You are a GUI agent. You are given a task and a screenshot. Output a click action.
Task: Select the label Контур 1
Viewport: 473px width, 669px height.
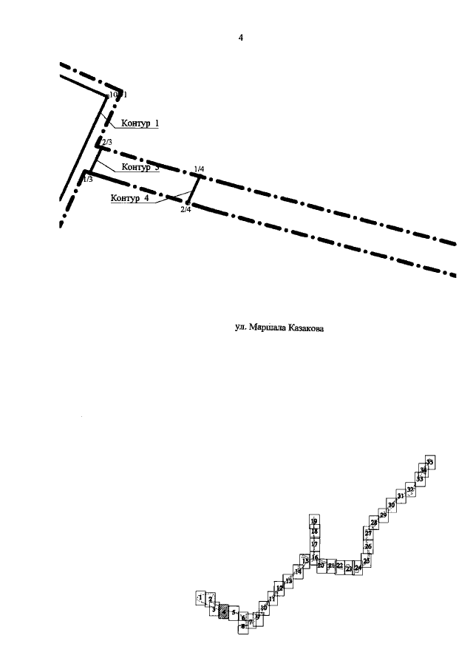point(140,123)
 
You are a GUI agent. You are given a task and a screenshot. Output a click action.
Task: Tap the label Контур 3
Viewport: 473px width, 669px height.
point(140,168)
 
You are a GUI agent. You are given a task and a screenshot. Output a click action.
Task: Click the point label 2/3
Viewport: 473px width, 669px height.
point(106,142)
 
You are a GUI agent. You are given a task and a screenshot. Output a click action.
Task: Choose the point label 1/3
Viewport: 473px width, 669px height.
point(87,179)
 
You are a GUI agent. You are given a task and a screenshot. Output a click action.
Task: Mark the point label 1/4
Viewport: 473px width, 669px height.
point(199,169)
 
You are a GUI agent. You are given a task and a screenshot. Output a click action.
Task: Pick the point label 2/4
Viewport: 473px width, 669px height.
point(186,210)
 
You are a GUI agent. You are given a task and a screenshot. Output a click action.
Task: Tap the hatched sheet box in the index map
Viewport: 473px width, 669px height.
point(224,611)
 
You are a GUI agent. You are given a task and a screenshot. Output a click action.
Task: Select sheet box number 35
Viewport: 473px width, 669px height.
point(430,461)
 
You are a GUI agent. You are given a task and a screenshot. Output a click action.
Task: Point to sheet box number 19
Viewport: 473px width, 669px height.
point(314,521)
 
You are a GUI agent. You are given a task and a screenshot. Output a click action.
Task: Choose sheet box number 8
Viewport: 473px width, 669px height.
point(243,626)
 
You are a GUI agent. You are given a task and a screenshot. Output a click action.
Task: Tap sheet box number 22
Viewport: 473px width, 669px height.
point(339,566)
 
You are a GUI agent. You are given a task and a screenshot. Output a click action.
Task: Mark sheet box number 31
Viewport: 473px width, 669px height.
point(401,495)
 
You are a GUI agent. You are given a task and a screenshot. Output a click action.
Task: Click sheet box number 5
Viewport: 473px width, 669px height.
point(234,613)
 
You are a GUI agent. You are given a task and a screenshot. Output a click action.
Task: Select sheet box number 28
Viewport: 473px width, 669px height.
point(375,523)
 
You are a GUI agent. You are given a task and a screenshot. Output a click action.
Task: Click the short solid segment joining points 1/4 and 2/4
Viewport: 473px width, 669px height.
point(191,191)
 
